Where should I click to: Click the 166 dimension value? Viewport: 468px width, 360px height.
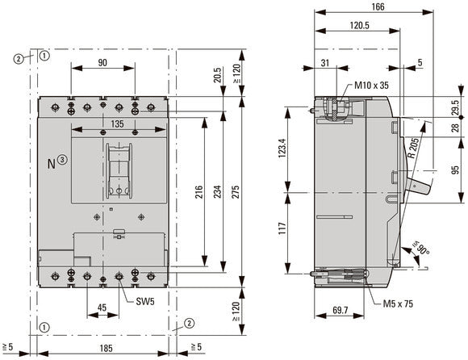378,6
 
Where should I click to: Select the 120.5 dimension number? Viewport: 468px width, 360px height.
359,25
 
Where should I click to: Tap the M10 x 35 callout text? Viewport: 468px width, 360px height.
371,86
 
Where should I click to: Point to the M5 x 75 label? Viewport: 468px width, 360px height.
398,303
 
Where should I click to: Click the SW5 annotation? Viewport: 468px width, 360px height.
145,302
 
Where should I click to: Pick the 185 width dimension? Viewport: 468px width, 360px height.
106,348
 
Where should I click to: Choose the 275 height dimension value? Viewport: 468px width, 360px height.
236,193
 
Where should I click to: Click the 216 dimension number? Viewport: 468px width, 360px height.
199,191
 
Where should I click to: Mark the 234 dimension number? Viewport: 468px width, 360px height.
218,191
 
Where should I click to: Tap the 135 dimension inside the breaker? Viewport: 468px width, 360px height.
117,123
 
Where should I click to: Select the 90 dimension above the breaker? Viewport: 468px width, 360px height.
102,63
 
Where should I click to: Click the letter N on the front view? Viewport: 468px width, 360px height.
52,164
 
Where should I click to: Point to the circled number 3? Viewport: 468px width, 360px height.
62,160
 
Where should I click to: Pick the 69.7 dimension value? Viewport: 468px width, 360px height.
340,310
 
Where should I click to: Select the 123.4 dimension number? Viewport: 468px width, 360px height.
282,148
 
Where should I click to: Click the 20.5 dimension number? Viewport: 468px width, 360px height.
218,75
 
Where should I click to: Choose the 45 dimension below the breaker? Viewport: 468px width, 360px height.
102,308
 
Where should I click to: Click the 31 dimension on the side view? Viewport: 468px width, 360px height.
324,63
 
